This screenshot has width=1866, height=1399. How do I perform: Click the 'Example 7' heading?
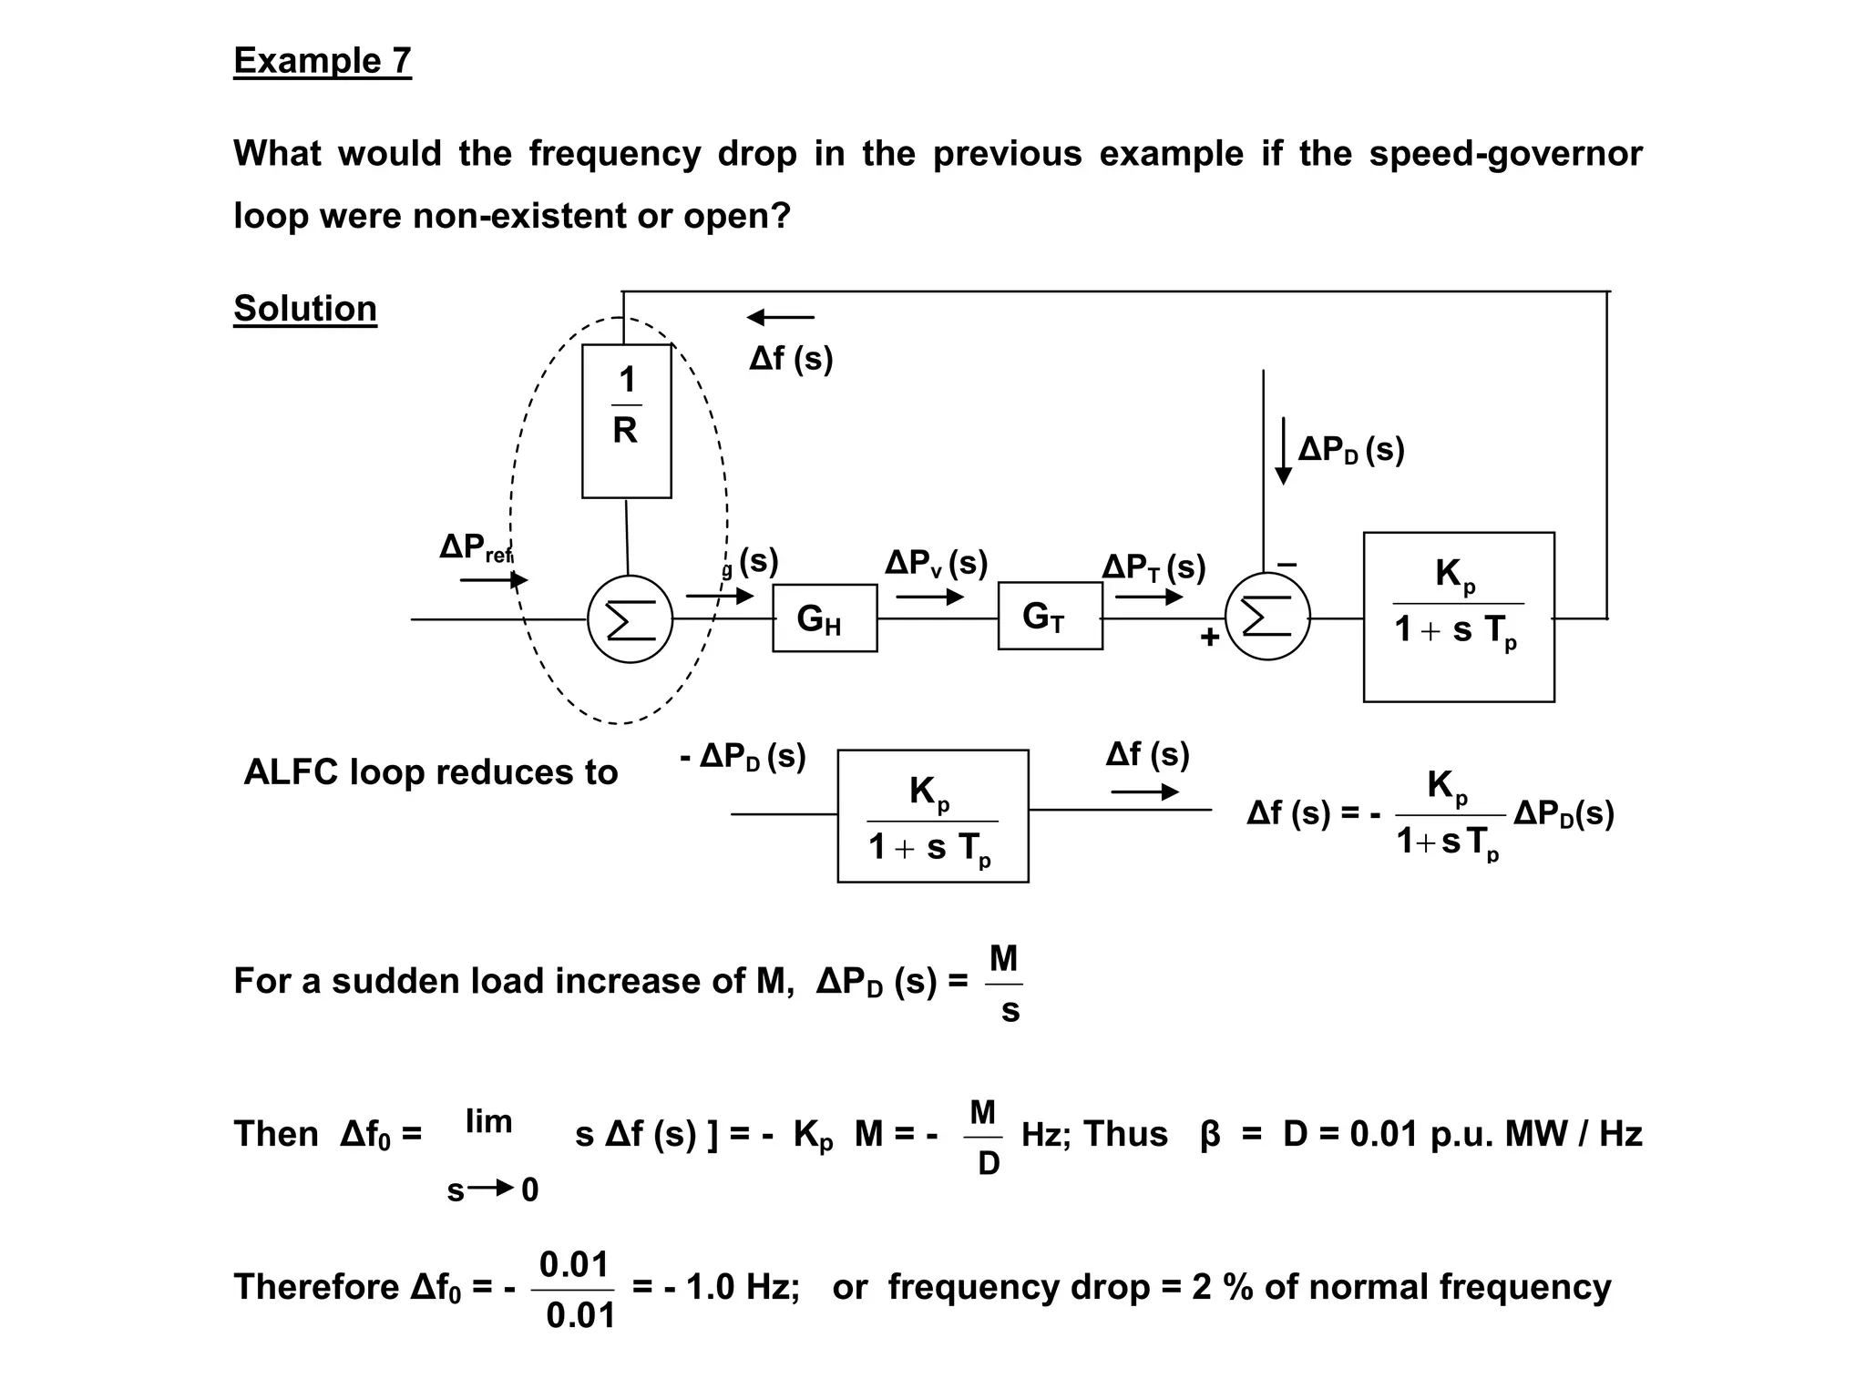point(323,61)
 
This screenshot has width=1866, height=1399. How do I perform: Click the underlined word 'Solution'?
point(305,309)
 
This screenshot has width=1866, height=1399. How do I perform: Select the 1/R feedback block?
point(627,421)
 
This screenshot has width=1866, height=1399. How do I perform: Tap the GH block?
point(825,618)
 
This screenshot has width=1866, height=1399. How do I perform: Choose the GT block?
point(1050,617)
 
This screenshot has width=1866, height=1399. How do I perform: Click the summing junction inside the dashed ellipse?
point(630,619)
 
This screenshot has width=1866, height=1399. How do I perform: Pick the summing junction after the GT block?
point(1267,618)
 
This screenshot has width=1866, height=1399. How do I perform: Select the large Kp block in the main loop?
point(1459,617)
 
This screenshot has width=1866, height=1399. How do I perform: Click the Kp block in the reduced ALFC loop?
point(933,816)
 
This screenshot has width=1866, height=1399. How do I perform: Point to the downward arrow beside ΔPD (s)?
point(1283,451)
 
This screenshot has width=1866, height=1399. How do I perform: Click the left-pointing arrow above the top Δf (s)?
point(780,317)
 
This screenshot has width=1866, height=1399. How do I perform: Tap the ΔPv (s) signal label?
point(936,563)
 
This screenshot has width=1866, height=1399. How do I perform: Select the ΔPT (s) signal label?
point(1153,567)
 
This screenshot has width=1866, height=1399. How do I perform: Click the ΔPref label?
point(476,547)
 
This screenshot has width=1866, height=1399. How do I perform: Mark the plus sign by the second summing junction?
point(1209,637)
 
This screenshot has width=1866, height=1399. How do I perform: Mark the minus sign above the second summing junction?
point(1287,565)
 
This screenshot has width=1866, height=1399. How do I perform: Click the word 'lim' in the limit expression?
point(488,1121)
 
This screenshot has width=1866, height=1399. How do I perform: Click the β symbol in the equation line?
point(1210,1135)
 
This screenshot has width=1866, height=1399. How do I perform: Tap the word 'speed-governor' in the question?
point(1505,154)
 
